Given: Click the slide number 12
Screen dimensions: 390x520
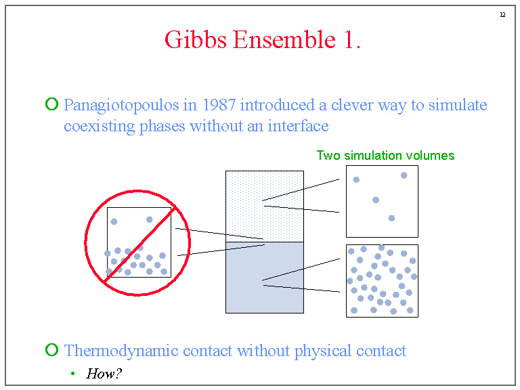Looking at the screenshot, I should (502, 15).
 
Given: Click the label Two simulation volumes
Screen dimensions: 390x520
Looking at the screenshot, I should (385, 156).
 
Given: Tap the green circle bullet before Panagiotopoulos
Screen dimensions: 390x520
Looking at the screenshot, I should (51, 104).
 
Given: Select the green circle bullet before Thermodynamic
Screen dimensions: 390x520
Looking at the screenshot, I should (51, 350).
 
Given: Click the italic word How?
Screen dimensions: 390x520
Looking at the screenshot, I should (104, 373).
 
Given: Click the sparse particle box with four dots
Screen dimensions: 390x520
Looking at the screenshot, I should (382, 201).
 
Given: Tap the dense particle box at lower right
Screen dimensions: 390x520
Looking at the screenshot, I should (382, 280).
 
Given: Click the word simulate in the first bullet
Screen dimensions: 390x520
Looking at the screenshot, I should (462, 106).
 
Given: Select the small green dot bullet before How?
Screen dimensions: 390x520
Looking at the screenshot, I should (72, 374).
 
